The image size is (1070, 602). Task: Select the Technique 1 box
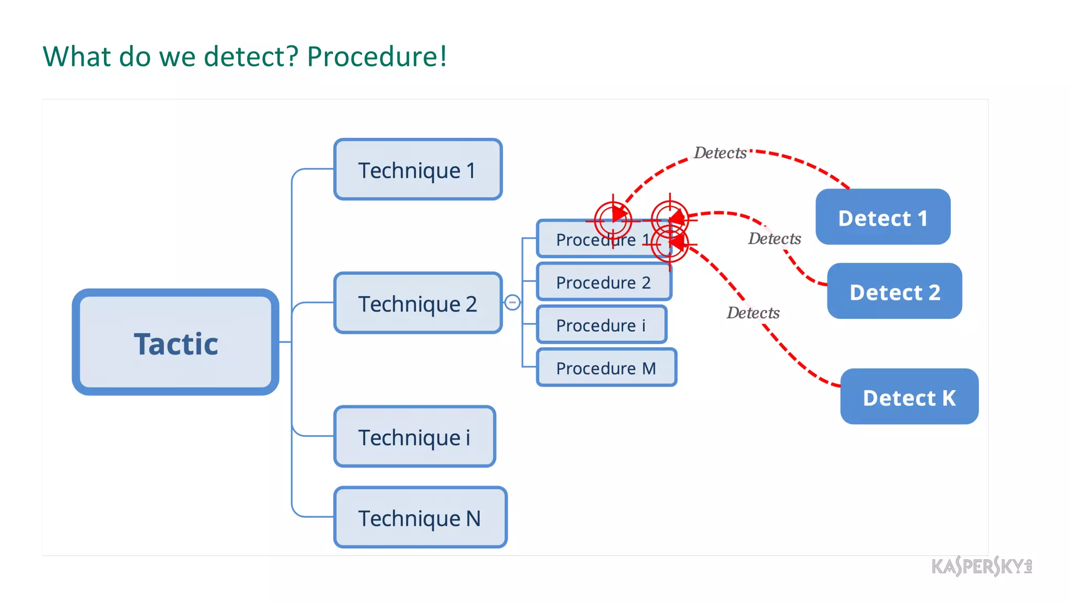(417, 169)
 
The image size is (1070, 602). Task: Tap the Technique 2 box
(417, 303)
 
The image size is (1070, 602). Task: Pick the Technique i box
(414, 436)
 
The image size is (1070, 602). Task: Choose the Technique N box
(420, 517)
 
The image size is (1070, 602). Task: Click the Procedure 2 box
(603, 282)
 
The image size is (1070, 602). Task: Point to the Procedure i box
(601, 325)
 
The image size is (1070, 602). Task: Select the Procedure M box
(606, 368)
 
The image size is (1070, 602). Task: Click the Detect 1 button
(882, 217)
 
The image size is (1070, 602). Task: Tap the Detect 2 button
(894, 292)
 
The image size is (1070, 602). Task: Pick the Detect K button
(909, 397)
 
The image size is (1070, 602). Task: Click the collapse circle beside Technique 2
(513, 302)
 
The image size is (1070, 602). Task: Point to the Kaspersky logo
(981, 566)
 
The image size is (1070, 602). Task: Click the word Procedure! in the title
(377, 56)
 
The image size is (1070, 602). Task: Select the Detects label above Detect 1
(720, 153)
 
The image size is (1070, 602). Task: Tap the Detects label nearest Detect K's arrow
(753, 312)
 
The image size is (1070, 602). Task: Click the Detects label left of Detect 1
(774, 238)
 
